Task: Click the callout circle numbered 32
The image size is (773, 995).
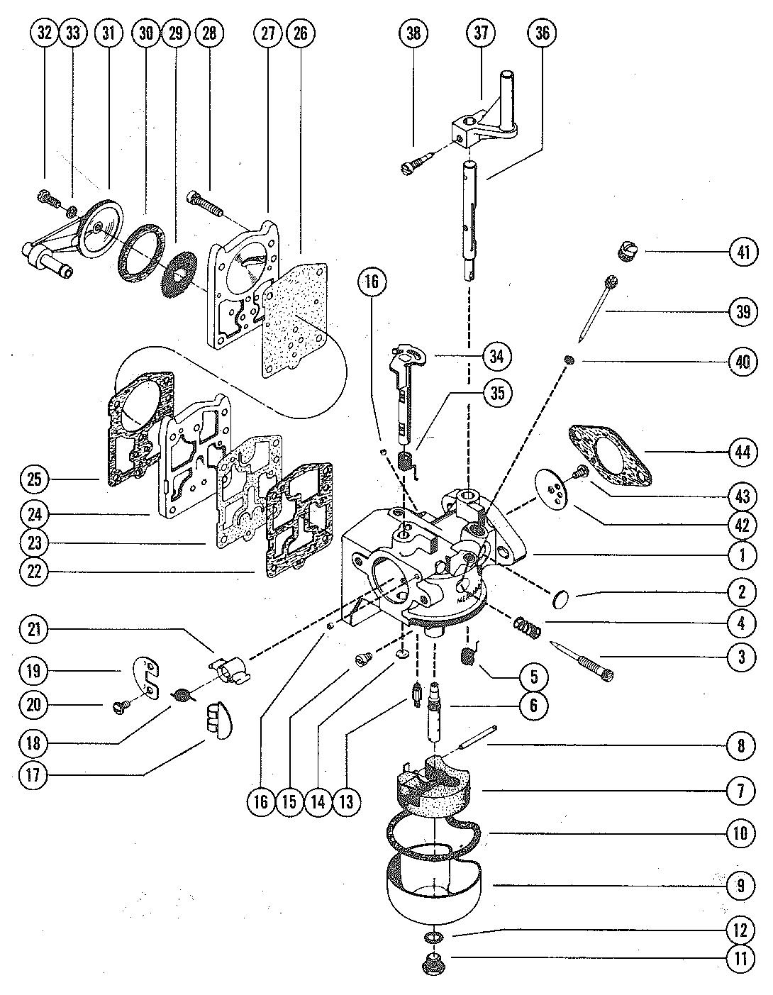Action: pos(45,33)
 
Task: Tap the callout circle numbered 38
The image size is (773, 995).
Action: pos(413,33)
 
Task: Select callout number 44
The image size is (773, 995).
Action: pos(742,450)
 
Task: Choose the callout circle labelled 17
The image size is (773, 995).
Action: pos(34,774)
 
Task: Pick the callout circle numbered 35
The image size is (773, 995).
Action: pos(498,393)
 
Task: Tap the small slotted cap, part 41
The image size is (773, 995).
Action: pos(628,251)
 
